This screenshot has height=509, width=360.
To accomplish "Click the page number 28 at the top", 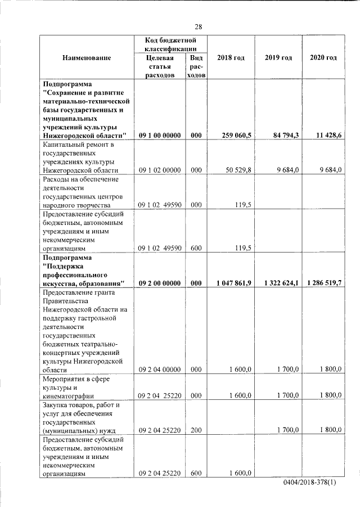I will click(199, 27).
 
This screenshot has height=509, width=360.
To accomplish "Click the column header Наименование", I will click(87, 58).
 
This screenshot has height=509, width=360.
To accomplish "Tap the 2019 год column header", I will click(278, 58).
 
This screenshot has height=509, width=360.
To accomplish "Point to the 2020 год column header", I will click(323, 58).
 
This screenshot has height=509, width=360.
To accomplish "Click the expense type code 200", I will click(196, 430).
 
